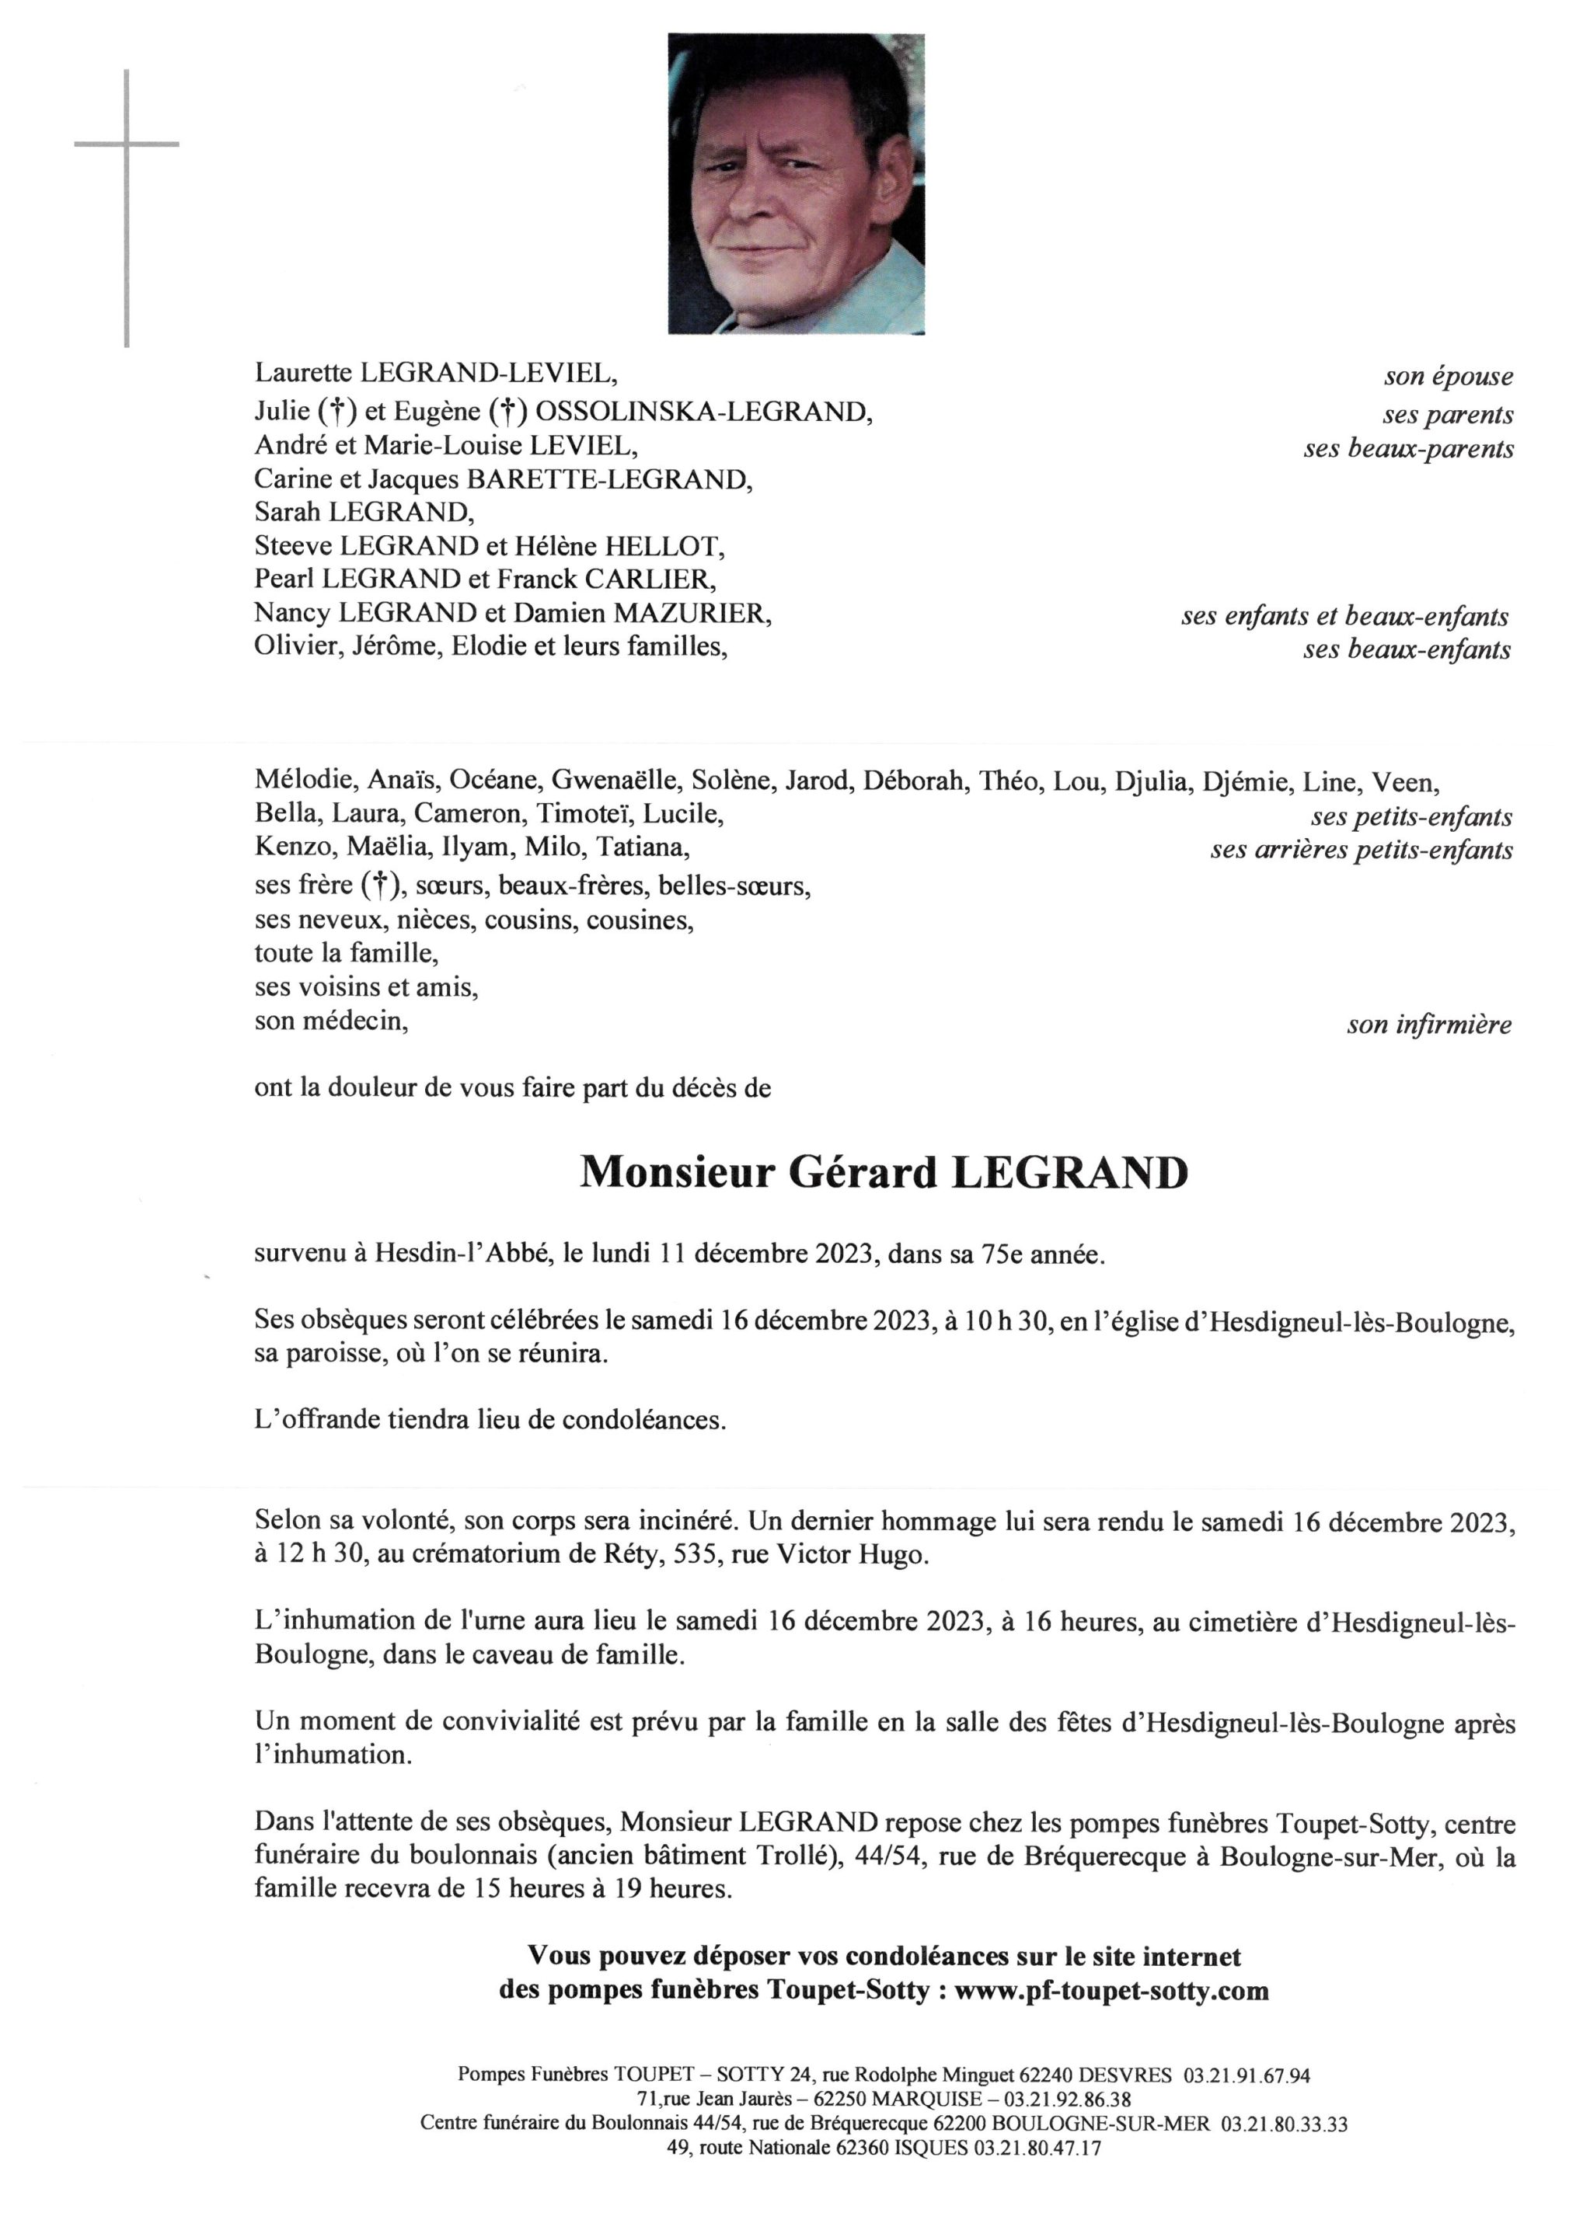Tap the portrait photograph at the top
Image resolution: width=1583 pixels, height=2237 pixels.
796,184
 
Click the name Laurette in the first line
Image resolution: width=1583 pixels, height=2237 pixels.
303,372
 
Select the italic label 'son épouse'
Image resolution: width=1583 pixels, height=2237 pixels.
1449,377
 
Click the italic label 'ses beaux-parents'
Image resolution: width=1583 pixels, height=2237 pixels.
1408,449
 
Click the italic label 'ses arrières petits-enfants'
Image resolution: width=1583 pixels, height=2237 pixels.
1361,851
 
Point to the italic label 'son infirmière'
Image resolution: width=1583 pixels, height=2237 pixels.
1429,1025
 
